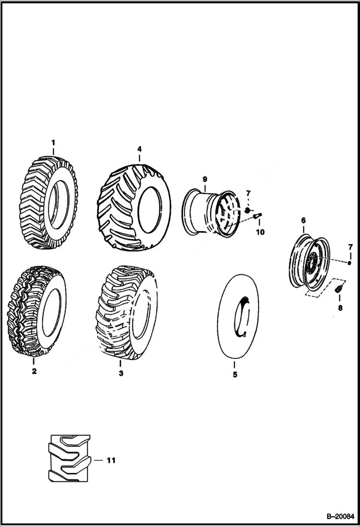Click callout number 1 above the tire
click(x=53, y=142)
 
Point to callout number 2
click(x=34, y=371)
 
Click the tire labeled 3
click(x=126, y=315)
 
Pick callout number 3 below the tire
click(x=121, y=373)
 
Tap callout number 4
click(x=139, y=149)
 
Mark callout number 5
click(x=235, y=375)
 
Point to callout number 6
click(x=303, y=221)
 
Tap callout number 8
click(x=340, y=308)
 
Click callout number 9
click(x=205, y=179)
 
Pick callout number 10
click(x=260, y=233)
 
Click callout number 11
click(x=111, y=460)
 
